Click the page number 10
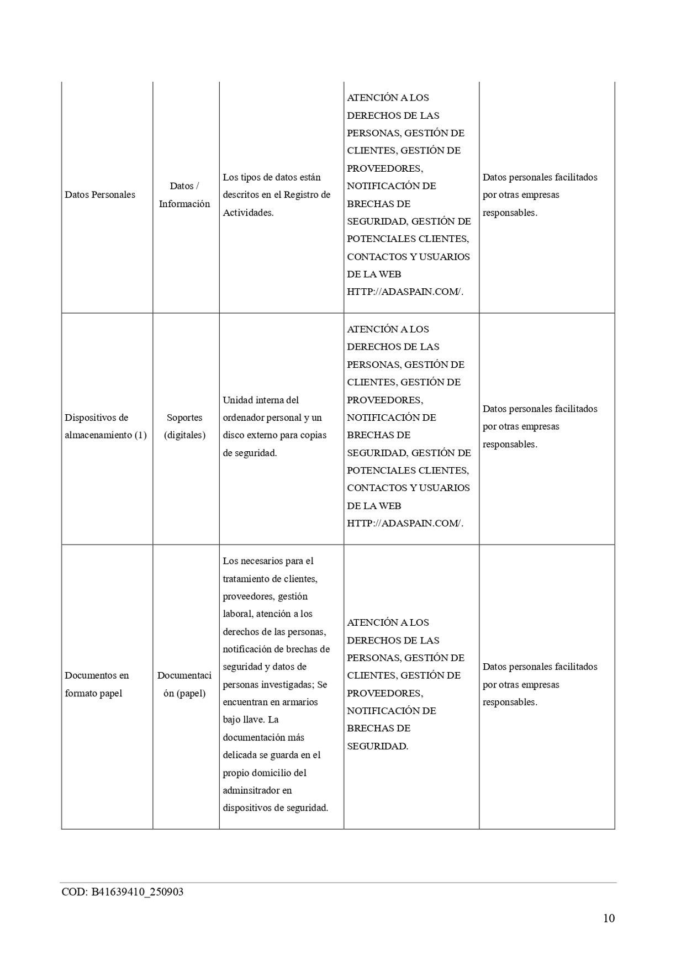pos(608,918)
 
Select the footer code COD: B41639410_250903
pos(122,892)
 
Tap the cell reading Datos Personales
pos(100,195)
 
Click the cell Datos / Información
pos(184,195)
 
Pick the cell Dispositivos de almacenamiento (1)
pos(105,426)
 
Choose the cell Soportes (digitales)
pos(184,426)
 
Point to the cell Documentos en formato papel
pos(97,684)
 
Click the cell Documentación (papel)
pos(184,684)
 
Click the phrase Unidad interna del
pos(261,400)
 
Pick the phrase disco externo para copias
pos(274,435)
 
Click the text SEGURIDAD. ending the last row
pos(378,746)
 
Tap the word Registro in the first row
pos(300,195)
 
